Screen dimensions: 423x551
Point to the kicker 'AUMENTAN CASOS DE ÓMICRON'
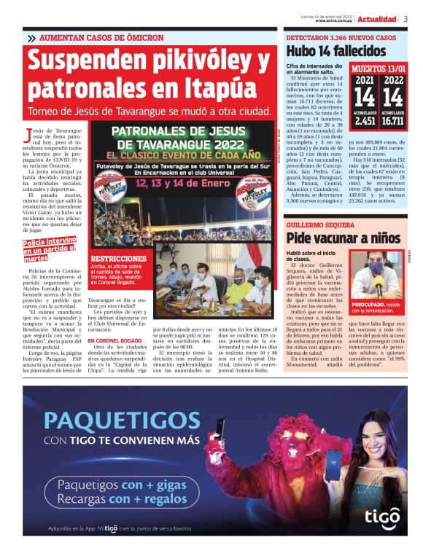pos(102,37)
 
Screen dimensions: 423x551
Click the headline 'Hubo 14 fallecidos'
pos(335,50)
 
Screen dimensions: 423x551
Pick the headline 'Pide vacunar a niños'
pos(344,238)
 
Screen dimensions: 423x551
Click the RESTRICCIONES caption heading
pos(117,259)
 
